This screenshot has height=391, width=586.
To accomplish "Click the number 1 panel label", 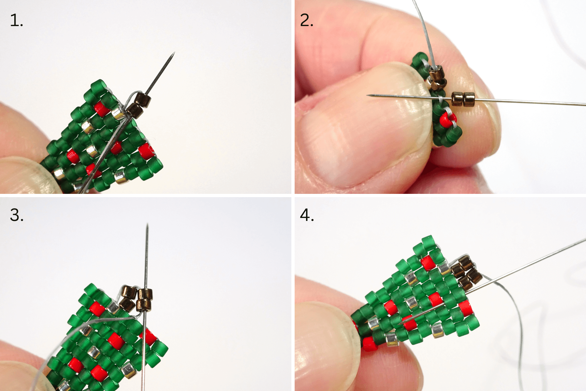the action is (17, 21).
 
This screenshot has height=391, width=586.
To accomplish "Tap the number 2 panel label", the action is (307, 21).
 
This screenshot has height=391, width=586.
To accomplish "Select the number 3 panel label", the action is (17, 215).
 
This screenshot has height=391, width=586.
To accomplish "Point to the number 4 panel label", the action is (307, 215).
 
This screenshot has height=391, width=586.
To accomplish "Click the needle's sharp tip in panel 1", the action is (174, 52).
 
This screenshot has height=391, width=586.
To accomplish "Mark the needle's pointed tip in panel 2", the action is (368, 95).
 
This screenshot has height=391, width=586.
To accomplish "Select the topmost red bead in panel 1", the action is (102, 109).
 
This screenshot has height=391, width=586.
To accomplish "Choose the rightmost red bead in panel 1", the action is (146, 152).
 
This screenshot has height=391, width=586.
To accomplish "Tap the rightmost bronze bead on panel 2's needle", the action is (469, 99).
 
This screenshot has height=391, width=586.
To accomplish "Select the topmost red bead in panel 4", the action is (428, 263).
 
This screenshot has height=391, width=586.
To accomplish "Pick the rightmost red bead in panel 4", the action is (466, 308).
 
